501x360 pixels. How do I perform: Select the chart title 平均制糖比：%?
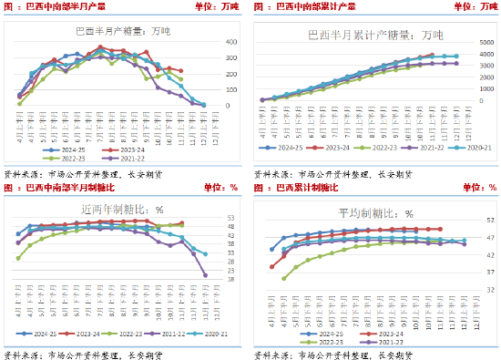(x=374, y=211)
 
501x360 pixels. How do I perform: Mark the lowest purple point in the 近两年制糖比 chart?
(x=205, y=274)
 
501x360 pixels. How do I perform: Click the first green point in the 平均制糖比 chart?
(x=283, y=278)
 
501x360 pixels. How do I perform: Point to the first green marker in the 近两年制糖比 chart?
(x=18, y=258)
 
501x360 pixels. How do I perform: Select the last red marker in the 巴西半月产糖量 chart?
(x=180, y=71)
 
